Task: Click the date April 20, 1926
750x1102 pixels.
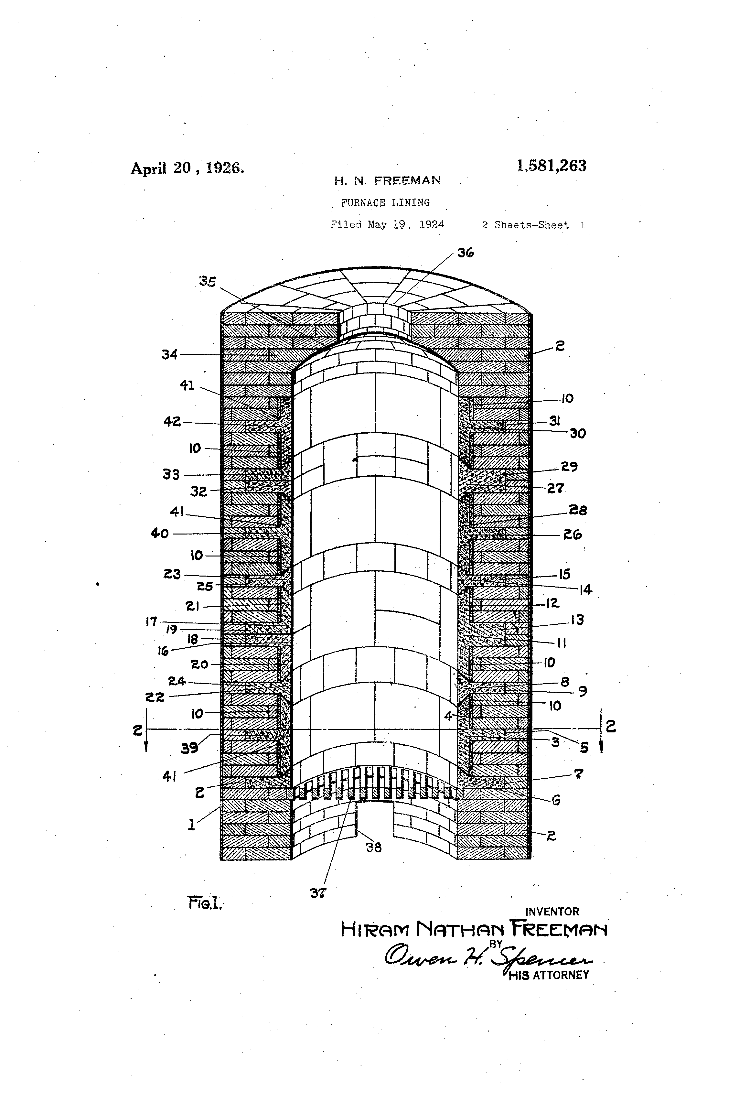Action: pyautogui.click(x=187, y=168)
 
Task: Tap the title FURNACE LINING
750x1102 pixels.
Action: pyautogui.click(x=385, y=203)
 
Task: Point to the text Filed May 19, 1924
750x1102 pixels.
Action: pyautogui.click(x=387, y=224)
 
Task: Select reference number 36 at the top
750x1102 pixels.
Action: pyautogui.click(x=465, y=253)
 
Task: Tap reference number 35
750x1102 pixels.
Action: pyautogui.click(x=207, y=282)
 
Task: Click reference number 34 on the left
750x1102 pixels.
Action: pyautogui.click(x=169, y=354)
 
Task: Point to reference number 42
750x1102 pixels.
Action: pyautogui.click(x=172, y=422)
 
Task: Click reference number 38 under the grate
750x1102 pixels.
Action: pyautogui.click(x=374, y=848)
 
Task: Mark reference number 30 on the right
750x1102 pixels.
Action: pyautogui.click(x=577, y=433)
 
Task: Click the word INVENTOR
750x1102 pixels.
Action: pyautogui.click(x=552, y=911)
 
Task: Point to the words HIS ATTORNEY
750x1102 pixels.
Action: pyautogui.click(x=549, y=975)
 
